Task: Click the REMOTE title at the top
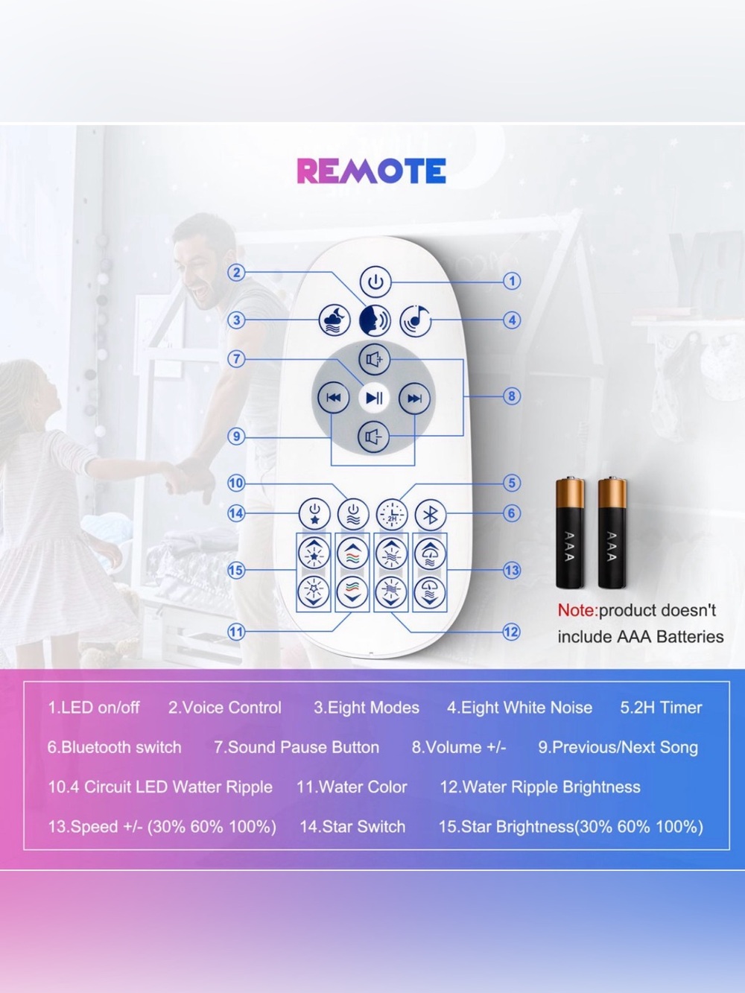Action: [x=371, y=171]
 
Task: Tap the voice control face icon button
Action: [x=375, y=320]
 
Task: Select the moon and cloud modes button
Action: [x=335, y=320]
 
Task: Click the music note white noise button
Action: [x=416, y=320]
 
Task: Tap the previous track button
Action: [x=334, y=398]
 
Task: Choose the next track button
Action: [x=414, y=398]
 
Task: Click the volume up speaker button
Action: [x=375, y=359]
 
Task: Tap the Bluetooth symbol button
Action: [x=431, y=514]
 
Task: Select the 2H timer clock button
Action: [x=392, y=515]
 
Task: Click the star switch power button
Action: [x=314, y=514]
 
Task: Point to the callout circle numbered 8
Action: [x=512, y=396]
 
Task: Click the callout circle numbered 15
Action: [x=236, y=571]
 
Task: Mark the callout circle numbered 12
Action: [x=511, y=632]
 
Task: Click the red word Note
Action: [x=577, y=610]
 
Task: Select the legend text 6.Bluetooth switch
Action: [x=115, y=747]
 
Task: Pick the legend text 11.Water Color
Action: [x=352, y=787]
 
